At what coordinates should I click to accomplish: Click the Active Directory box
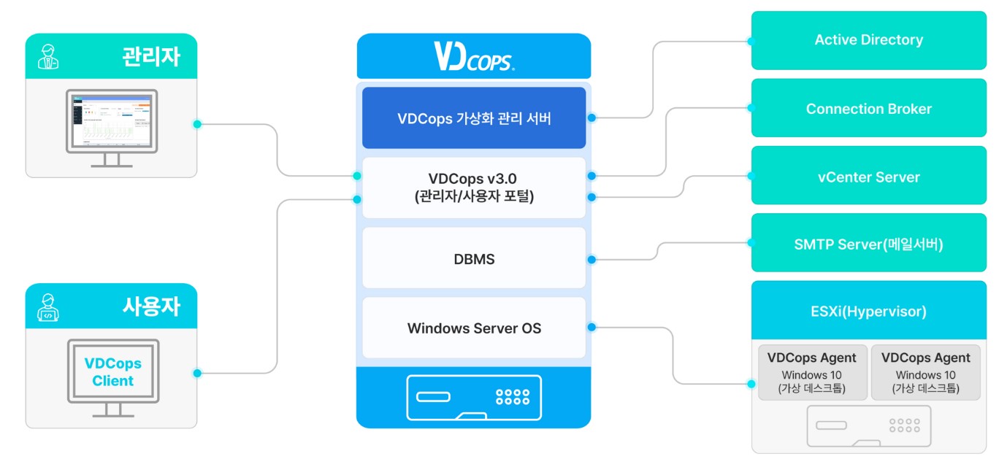[868, 40]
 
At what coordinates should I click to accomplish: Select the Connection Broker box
[868, 109]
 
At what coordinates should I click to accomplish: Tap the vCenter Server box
[868, 177]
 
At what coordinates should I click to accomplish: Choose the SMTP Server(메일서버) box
[868, 244]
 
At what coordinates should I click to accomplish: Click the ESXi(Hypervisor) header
[868, 312]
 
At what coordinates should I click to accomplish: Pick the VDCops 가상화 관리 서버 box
[474, 118]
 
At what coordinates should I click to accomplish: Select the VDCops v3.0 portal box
[474, 188]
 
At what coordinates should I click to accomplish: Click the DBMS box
[474, 258]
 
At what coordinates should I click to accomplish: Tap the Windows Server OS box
[474, 328]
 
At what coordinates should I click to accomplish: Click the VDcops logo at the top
[474, 56]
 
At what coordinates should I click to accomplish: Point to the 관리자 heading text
[150, 57]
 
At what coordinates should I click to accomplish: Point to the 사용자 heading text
[150, 306]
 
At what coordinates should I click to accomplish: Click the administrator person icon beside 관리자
[48, 57]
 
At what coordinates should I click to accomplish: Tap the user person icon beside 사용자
[48, 307]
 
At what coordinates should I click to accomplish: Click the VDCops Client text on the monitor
[112, 372]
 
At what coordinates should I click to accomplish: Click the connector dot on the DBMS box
[591, 260]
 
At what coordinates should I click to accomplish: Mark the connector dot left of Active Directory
[750, 42]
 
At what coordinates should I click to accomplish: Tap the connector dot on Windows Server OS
[591, 327]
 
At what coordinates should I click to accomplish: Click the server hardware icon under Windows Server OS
[473, 398]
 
